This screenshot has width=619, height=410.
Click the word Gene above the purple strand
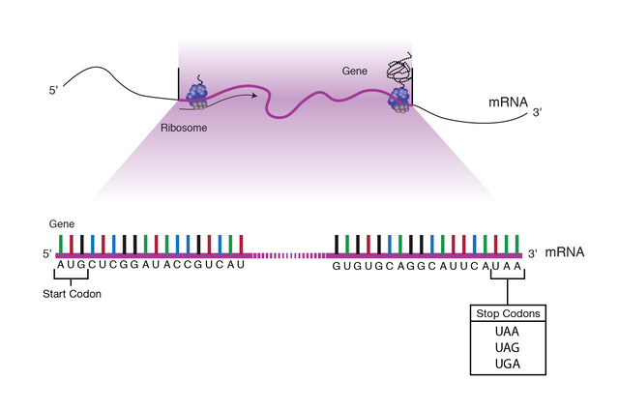pos(355,72)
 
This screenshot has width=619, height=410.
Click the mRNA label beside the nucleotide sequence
pos(565,252)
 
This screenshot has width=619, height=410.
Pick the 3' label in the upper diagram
pos(537,112)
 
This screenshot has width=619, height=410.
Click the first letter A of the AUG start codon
pos(61,265)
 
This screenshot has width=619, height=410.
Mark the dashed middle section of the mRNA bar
pos(287,254)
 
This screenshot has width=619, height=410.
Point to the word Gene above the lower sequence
pos(62,222)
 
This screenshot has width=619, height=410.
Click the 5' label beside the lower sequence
pos(46,254)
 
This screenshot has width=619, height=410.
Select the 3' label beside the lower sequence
pos(532,254)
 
